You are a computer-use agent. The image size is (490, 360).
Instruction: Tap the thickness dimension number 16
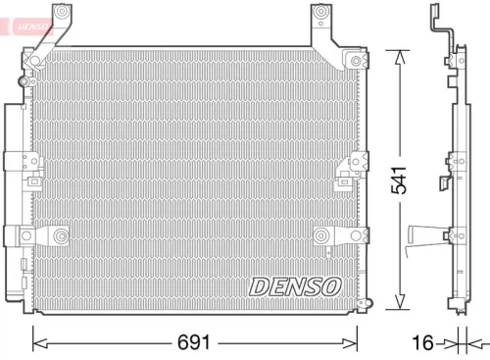pos(421,343)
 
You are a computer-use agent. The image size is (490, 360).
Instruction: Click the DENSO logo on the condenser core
pos(293,285)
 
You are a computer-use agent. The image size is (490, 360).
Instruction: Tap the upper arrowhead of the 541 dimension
pos(399,57)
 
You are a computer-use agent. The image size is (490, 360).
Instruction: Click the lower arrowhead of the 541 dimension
pos(399,303)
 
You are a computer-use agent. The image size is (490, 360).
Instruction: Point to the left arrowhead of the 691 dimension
pos(40,342)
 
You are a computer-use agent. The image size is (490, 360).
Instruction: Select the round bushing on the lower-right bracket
pos(322,234)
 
